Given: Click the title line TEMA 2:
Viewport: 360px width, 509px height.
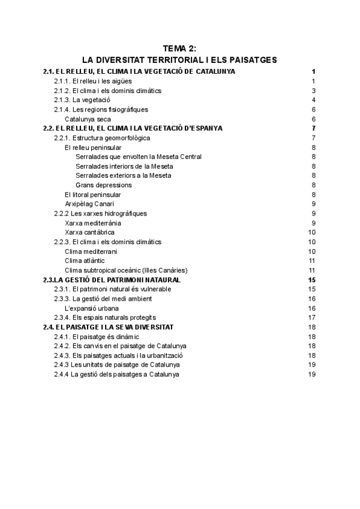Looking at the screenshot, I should [180, 50].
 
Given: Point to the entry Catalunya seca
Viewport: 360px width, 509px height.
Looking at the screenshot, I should [88, 119].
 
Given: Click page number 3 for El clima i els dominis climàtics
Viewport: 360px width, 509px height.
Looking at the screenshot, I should [314, 91].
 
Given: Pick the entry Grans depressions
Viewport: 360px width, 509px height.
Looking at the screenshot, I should [104, 185].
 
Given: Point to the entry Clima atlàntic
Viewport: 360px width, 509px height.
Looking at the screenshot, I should [85, 261].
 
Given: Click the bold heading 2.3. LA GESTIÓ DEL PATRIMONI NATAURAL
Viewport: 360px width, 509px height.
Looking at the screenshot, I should [112, 280].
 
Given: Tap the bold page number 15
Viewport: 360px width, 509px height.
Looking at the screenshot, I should [311, 280].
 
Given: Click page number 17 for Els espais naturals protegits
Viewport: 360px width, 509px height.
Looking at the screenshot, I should [312, 318].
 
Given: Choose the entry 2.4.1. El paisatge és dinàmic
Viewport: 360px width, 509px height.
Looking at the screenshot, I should [97, 336].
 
